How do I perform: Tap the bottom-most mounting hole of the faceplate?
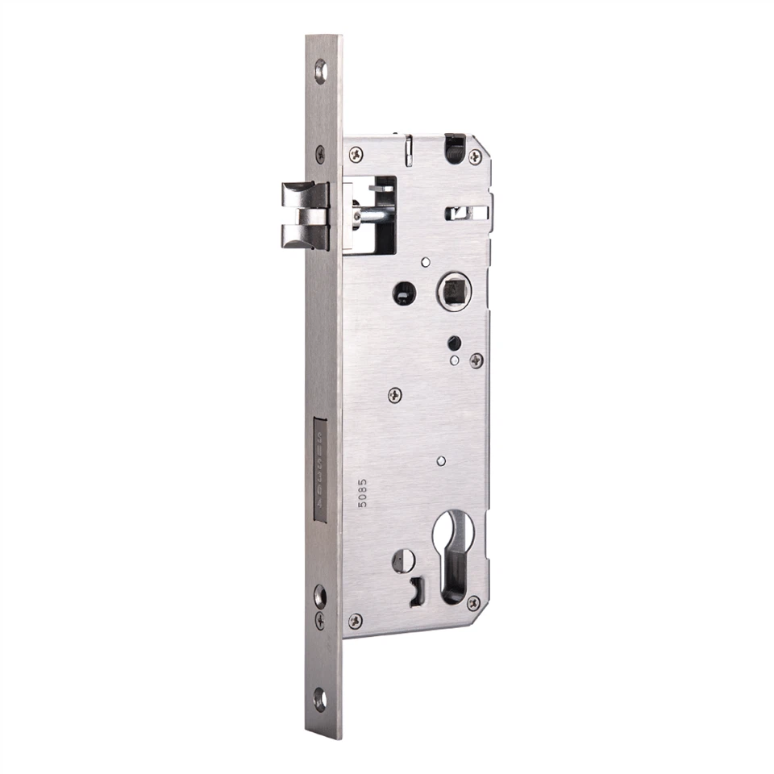pyautogui.click(x=321, y=698)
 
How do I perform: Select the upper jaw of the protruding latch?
pyautogui.click(x=304, y=194)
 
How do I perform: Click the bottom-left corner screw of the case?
pyautogui.click(x=355, y=621)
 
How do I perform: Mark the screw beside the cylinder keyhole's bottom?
pyautogui.click(x=473, y=602)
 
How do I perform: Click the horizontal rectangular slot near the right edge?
pyautogui.click(x=466, y=213)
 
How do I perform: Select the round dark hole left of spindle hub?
pyautogui.click(x=404, y=293)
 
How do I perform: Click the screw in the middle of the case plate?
pyautogui.click(x=394, y=394)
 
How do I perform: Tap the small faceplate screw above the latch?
pyautogui.click(x=321, y=152)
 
